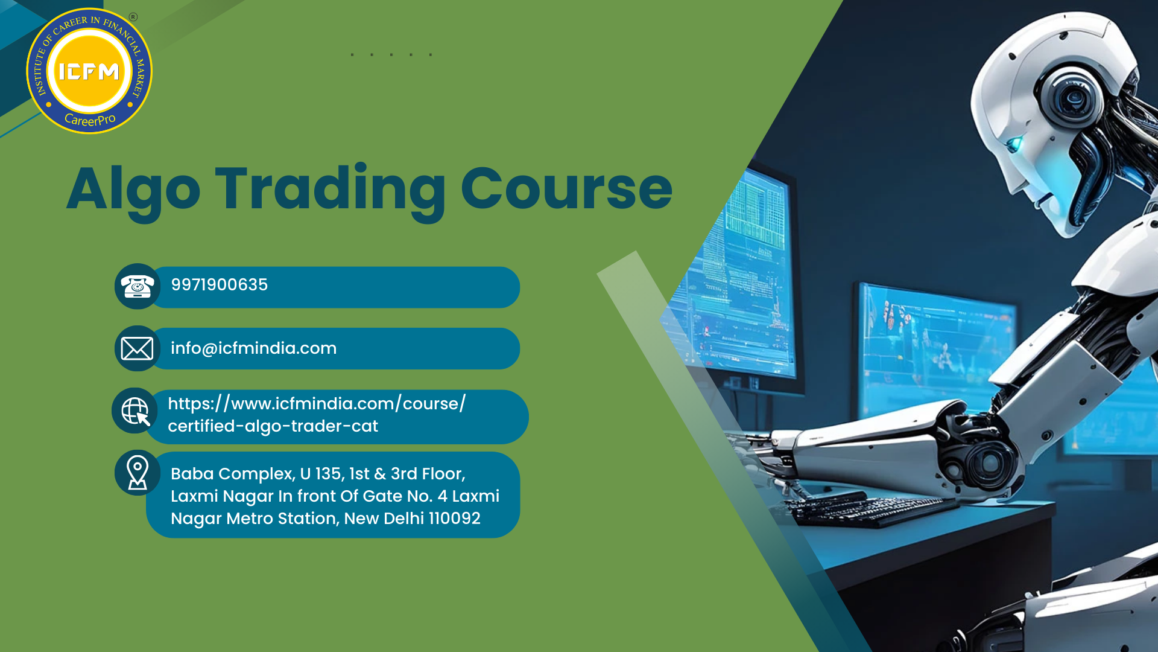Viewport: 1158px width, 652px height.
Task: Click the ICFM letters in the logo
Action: [x=89, y=72]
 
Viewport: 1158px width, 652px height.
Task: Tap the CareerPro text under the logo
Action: [x=90, y=120]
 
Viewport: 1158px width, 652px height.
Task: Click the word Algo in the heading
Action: [x=133, y=190]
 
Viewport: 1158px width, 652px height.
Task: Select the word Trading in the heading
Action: [x=331, y=190]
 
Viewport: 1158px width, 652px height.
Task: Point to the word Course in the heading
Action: [x=566, y=188]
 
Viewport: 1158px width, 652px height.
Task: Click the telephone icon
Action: [x=138, y=286]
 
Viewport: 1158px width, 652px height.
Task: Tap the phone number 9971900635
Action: [x=220, y=285]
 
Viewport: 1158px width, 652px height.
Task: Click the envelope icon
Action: [x=137, y=348]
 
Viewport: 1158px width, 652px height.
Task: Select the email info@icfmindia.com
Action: [x=253, y=348]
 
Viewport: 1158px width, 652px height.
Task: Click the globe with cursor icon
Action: [x=136, y=411]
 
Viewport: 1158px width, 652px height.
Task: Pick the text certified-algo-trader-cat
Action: [x=273, y=426]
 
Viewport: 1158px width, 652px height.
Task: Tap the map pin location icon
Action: [x=138, y=472]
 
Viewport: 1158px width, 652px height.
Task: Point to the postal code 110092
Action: [x=455, y=519]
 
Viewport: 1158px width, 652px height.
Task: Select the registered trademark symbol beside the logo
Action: [x=133, y=17]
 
